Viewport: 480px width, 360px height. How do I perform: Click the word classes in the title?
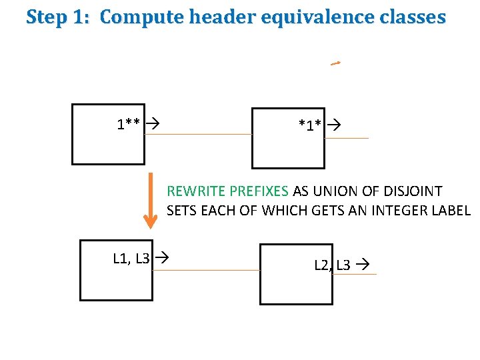pyautogui.click(x=411, y=17)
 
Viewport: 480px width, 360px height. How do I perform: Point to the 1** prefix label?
pyautogui.click(x=128, y=124)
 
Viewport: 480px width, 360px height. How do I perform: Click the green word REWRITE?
pyautogui.click(x=193, y=191)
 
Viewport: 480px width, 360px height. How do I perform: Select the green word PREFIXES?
pyautogui.click(x=257, y=191)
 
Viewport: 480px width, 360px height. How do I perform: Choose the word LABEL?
pyautogui.click(x=452, y=211)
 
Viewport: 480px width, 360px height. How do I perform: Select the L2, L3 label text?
pyautogui.click(x=332, y=265)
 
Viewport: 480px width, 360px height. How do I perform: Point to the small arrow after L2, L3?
pyautogui.click(x=362, y=265)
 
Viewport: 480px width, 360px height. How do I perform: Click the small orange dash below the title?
pyautogui.click(x=335, y=64)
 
